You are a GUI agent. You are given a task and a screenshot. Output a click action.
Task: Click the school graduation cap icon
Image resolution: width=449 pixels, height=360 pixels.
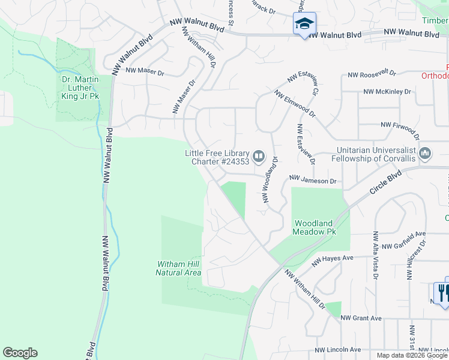tap(304, 25)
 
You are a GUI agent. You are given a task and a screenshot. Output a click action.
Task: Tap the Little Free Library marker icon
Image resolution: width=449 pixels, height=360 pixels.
tap(259, 157)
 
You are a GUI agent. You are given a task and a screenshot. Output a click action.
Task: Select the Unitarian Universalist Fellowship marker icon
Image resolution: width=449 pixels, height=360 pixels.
tap(425, 154)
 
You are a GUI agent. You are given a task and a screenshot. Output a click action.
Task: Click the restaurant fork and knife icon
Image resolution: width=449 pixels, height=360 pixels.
tap(442, 293)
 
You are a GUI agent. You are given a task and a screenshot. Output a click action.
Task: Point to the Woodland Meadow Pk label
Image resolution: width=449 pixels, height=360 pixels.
tap(313, 227)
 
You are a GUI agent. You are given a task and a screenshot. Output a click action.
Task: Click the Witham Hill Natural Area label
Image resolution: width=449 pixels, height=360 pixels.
tap(178, 268)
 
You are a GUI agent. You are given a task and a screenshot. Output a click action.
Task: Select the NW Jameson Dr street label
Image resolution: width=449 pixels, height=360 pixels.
tap(313, 179)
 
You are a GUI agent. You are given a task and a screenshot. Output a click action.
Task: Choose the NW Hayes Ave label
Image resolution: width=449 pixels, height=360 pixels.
tap(333, 259)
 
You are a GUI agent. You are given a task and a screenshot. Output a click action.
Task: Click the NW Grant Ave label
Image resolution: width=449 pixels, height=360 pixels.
tap(361, 318)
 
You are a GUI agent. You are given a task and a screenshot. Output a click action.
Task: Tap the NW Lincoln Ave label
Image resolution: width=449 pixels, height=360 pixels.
tap(338, 350)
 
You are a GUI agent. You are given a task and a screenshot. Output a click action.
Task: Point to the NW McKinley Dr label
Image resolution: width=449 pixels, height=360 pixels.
tap(387, 92)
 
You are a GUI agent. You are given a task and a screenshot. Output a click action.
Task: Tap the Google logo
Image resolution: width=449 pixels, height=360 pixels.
tap(20, 353)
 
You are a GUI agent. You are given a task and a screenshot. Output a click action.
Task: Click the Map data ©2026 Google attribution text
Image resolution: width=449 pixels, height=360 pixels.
tap(412, 355)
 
